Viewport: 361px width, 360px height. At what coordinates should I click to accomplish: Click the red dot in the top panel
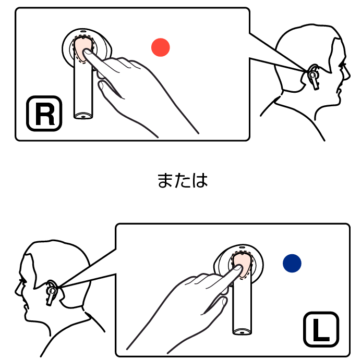point(161,47)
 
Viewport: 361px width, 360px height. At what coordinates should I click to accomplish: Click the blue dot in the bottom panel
point(292,263)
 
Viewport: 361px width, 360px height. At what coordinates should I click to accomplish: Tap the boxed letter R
point(44,114)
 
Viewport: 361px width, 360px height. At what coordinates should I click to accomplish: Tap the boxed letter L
point(321,329)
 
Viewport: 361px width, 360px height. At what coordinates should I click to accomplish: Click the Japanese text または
point(183,180)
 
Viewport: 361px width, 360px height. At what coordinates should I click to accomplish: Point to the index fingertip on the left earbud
point(238,268)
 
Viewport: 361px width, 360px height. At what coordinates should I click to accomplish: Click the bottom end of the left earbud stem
point(242,332)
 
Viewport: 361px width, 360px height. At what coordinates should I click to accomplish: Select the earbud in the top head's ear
point(314,77)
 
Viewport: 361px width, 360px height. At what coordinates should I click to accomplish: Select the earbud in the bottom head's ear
point(52,292)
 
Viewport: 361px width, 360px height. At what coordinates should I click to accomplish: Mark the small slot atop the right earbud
point(83,31)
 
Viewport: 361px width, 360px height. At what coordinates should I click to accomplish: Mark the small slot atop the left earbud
point(242,247)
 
